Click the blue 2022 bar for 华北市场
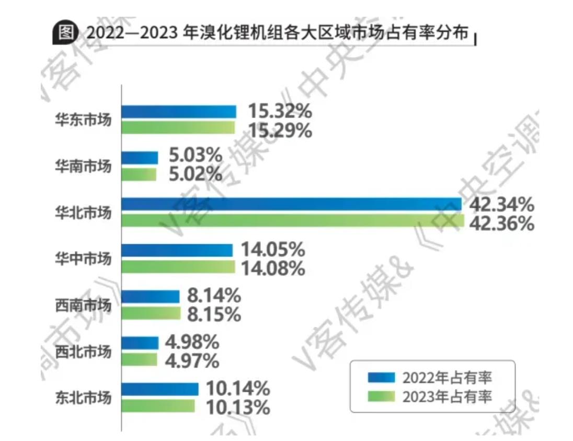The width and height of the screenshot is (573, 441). [291, 204]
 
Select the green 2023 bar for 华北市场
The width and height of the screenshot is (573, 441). [292, 221]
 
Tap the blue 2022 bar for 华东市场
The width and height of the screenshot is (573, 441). [179, 111]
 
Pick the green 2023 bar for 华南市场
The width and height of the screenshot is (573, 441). [139, 174]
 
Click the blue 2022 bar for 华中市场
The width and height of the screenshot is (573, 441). [177, 250]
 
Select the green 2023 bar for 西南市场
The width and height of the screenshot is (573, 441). [151, 314]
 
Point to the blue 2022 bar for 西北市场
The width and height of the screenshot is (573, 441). [140, 343]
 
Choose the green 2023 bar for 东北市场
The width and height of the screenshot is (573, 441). [158, 406]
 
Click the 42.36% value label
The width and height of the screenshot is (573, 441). [502, 223]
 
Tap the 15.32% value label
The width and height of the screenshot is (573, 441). [280, 111]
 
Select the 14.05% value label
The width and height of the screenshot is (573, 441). [272, 250]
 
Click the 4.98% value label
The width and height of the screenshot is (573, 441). [192, 343]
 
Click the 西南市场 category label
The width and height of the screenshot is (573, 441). [84, 305]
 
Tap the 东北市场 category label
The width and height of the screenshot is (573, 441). [84, 398]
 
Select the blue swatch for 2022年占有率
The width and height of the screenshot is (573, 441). [382, 378]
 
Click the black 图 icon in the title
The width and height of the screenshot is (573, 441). [65, 33]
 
